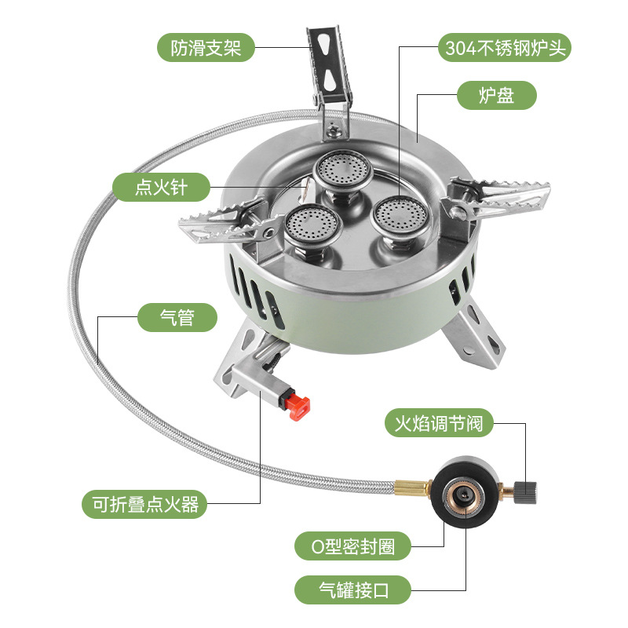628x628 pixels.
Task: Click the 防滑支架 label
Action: pos(206,48)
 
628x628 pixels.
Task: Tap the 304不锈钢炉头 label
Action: pos(504,48)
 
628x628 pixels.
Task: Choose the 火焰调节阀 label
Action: pos(444,424)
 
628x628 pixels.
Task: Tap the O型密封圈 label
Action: pos(352,545)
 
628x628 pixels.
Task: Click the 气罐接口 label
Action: pos(353,588)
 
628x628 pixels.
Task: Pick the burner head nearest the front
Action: pos(306,225)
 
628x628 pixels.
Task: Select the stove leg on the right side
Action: pos(476,333)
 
